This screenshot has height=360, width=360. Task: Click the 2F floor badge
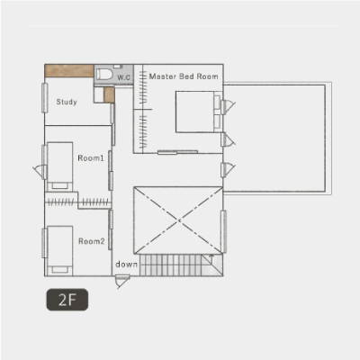(x=67, y=300)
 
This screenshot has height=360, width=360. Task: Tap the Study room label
(x=67, y=102)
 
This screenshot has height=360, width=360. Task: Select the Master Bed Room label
(x=184, y=76)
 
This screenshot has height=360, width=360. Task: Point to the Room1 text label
(x=91, y=157)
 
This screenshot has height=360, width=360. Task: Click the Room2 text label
(x=92, y=241)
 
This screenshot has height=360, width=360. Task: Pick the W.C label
(x=123, y=77)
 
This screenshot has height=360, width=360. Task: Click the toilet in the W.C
(x=104, y=74)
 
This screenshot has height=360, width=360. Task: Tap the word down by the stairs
(x=127, y=265)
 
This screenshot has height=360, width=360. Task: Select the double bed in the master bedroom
(x=198, y=112)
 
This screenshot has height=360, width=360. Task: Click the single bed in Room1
(x=60, y=166)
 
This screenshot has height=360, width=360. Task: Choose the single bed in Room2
(x=60, y=251)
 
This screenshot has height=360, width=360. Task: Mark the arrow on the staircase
(x=211, y=258)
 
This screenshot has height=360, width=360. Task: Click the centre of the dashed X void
(x=179, y=220)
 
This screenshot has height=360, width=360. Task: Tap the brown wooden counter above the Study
(x=69, y=71)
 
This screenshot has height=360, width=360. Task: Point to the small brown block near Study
(x=109, y=94)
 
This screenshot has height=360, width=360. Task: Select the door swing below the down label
(x=122, y=282)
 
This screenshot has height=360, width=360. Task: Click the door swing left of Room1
(x=40, y=172)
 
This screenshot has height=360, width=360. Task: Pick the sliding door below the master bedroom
(x=177, y=152)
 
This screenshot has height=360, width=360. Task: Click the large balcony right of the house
(x=277, y=139)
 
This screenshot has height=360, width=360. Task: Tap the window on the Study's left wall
(x=45, y=98)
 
